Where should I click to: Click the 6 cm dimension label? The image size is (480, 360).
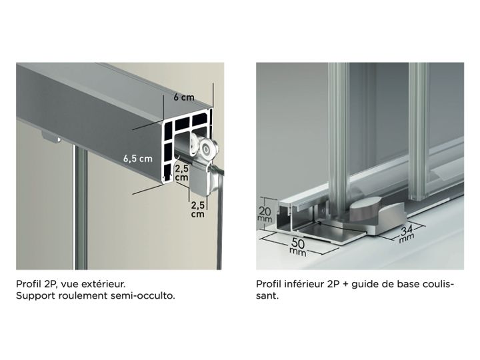pyautogui.click(x=184, y=97)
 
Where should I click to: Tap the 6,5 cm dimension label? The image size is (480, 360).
pyautogui.click(x=138, y=159)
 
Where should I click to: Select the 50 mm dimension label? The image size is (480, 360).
pyautogui.click(x=298, y=247)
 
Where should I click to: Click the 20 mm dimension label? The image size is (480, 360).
pyautogui.click(x=265, y=214)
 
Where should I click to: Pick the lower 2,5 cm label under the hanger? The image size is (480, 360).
pyautogui.click(x=198, y=209)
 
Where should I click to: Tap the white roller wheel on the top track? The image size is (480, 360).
pyautogui.click(x=208, y=149)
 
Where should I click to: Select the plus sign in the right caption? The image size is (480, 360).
pyautogui.click(x=345, y=285)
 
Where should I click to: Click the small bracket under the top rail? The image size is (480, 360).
pyautogui.click(x=51, y=137)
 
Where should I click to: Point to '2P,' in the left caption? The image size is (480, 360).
pyautogui.click(x=49, y=285)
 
